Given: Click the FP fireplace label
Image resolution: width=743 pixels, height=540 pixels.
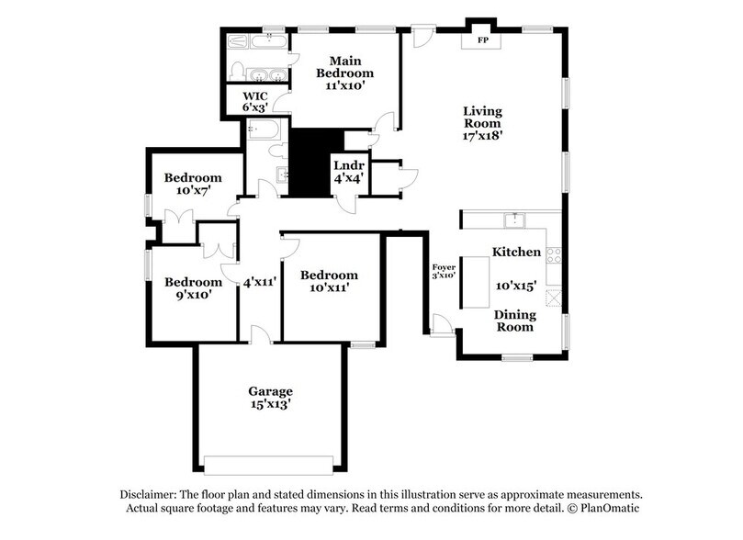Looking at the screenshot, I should point(482,41).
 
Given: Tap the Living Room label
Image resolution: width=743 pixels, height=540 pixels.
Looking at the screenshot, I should point(482,123).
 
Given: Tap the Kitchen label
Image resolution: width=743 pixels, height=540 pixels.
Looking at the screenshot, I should point(515,252).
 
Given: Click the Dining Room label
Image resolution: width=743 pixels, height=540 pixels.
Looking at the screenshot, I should point(515,321).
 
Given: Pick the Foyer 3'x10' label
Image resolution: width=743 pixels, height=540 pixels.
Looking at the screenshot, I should point(444,271).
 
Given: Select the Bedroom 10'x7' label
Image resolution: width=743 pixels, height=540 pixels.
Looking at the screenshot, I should point(193,184).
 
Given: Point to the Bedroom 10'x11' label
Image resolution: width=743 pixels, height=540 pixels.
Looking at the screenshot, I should point(329,281).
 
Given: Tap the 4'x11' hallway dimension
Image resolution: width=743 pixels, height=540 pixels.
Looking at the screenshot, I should point(260,283).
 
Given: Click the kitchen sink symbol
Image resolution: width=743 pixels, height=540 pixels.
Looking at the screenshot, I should point(515,219).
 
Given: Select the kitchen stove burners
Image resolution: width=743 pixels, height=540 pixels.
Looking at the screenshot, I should point(554,254).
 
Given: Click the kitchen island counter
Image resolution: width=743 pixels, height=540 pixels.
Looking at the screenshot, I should point(477,282).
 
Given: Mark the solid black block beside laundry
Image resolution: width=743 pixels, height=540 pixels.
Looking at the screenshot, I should point(309,162).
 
